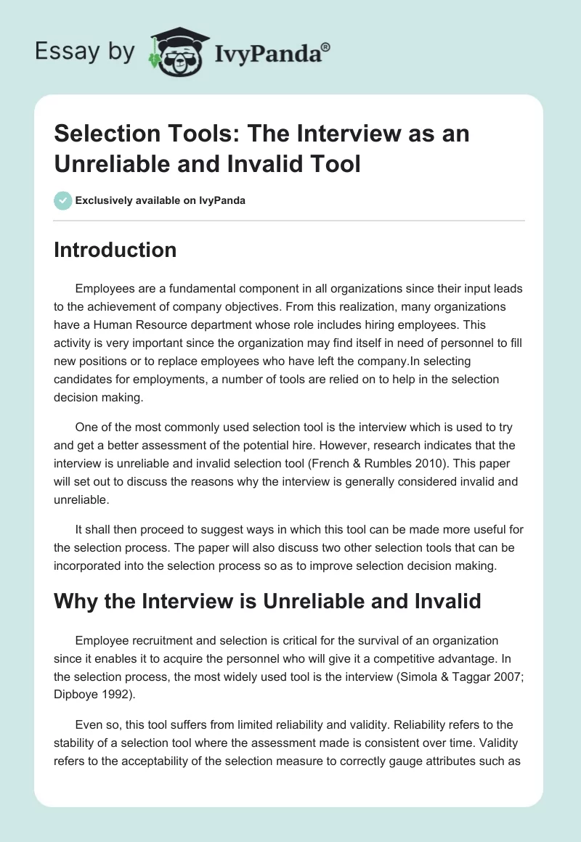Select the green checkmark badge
click(63, 200)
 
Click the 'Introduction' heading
click(115, 250)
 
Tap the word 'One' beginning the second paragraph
click(86, 428)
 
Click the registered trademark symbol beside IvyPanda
click(327, 46)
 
